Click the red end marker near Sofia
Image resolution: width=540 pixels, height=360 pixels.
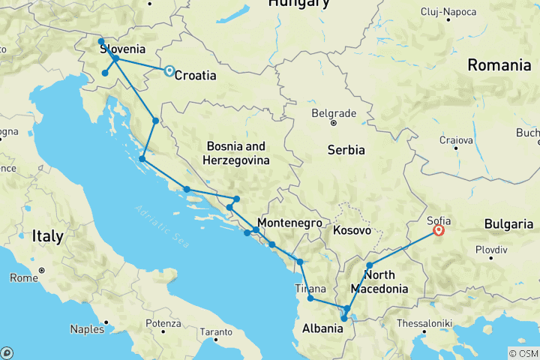[439, 231]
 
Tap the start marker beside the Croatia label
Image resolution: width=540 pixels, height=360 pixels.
[169, 71]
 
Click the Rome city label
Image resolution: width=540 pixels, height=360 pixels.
[62, 277]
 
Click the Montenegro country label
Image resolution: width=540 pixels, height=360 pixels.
[289, 223]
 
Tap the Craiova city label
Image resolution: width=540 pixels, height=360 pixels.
[456, 140]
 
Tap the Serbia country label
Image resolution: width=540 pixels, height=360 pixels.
[346, 150]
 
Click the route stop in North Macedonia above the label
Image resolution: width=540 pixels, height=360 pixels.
[370, 265]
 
